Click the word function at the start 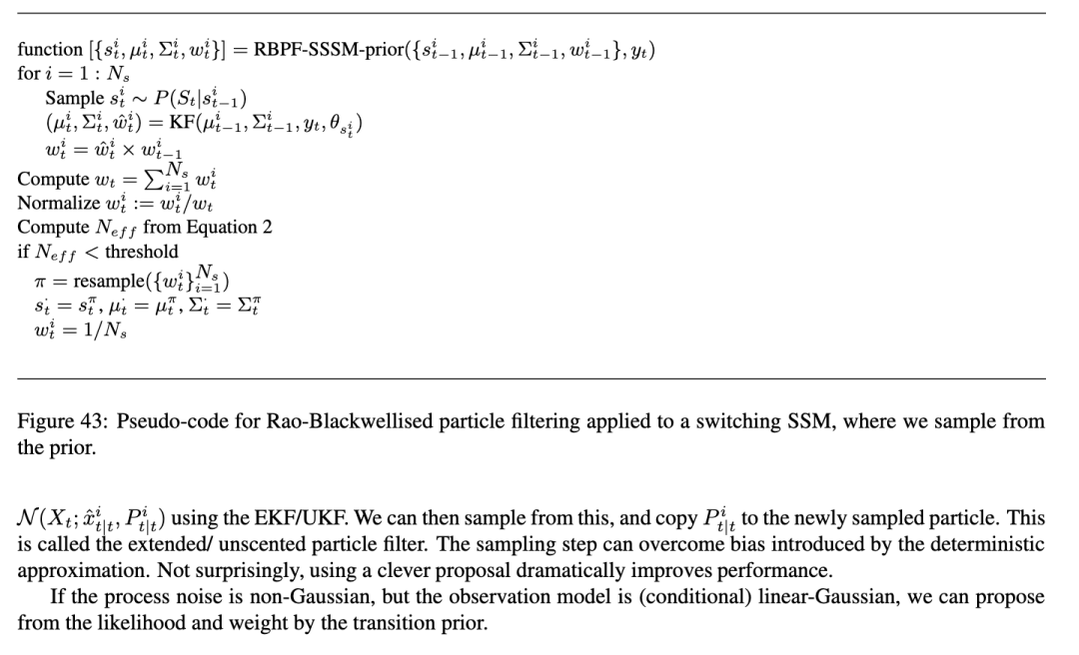[x=50, y=50]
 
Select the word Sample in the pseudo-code [x=74, y=99]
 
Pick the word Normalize [x=58, y=204]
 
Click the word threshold [x=142, y=252]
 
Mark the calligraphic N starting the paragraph [x=27, y=519]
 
